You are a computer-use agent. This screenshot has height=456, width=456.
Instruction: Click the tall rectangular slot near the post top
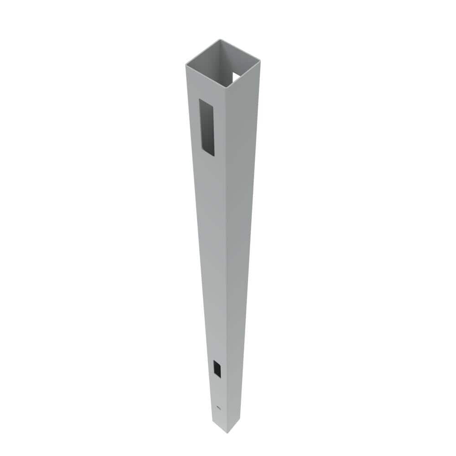click(x=207, y=128)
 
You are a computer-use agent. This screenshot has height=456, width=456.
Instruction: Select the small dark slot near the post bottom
click(x=217, y=368)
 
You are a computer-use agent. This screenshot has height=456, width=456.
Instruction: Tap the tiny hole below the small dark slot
click(x=218, y=407)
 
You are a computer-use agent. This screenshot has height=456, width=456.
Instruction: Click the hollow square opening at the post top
click(x=223, y=62)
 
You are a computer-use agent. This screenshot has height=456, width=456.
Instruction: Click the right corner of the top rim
click(x=259, y=60)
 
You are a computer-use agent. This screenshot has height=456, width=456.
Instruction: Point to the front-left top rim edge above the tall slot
click(x=205, y=76)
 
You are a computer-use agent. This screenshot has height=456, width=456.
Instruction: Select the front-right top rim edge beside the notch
click(x=244, y=74)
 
